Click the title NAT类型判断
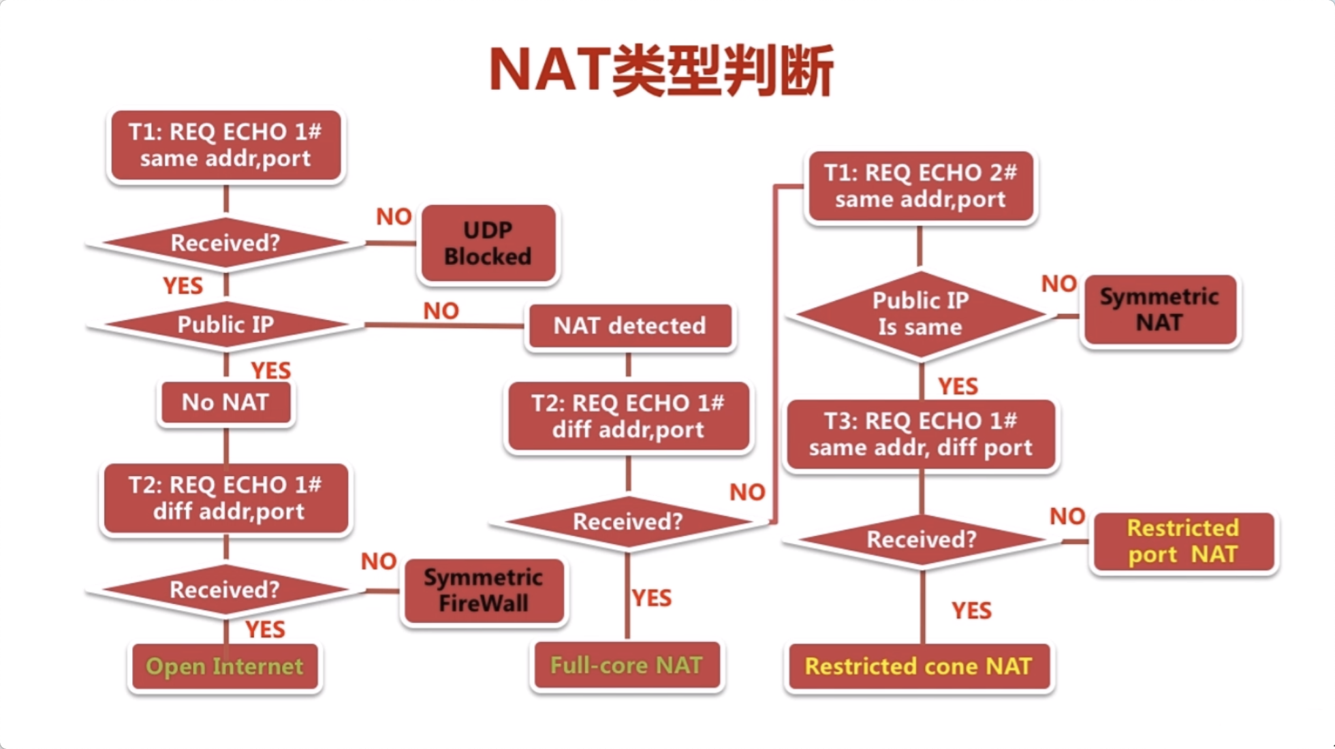661,71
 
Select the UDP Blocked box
488,244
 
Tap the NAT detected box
629,325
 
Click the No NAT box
225,402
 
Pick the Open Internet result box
224,666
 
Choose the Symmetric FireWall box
484,590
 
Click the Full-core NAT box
626,665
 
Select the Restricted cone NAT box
918,666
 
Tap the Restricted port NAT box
1183,541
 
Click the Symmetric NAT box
1159,310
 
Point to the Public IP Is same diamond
920,314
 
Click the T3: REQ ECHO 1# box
920,434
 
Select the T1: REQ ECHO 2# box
920,186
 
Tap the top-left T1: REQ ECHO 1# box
225,145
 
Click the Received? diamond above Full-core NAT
627,522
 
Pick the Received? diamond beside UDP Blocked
225,242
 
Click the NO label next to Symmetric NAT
1058,284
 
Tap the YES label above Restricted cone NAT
971,610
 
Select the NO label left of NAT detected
441,311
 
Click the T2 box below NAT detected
628,417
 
